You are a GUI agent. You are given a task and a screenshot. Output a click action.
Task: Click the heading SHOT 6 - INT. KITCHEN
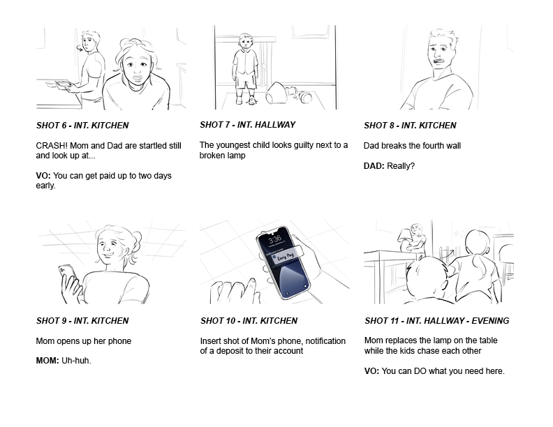82,126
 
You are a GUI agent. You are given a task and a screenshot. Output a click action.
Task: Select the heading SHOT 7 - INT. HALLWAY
248,125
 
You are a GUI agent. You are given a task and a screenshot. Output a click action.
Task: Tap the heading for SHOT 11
436,321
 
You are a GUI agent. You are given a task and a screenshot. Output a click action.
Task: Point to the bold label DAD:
374,166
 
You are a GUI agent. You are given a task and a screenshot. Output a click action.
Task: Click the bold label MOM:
47,361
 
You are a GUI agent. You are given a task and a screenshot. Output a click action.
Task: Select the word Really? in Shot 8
401,166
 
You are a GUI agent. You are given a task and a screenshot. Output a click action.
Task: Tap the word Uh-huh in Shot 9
75,361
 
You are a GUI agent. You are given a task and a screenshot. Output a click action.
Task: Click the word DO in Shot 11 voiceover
420,371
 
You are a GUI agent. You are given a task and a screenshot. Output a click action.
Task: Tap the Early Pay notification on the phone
286,256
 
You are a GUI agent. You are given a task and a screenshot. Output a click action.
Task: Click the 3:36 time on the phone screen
275,241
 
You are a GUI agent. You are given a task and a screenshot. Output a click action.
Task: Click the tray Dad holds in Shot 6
59,84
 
